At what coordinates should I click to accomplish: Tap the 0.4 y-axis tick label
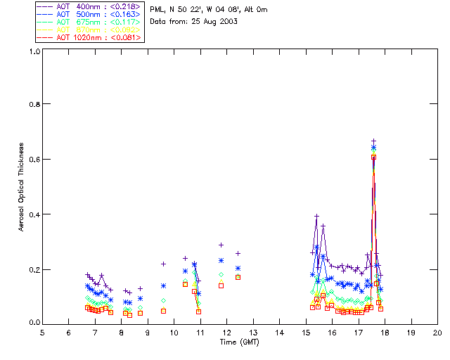point(34,214)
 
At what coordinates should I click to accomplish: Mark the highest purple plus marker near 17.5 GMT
point(373,141)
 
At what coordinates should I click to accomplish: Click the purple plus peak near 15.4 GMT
point(316,217)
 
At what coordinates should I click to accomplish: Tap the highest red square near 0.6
point(373,157)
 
